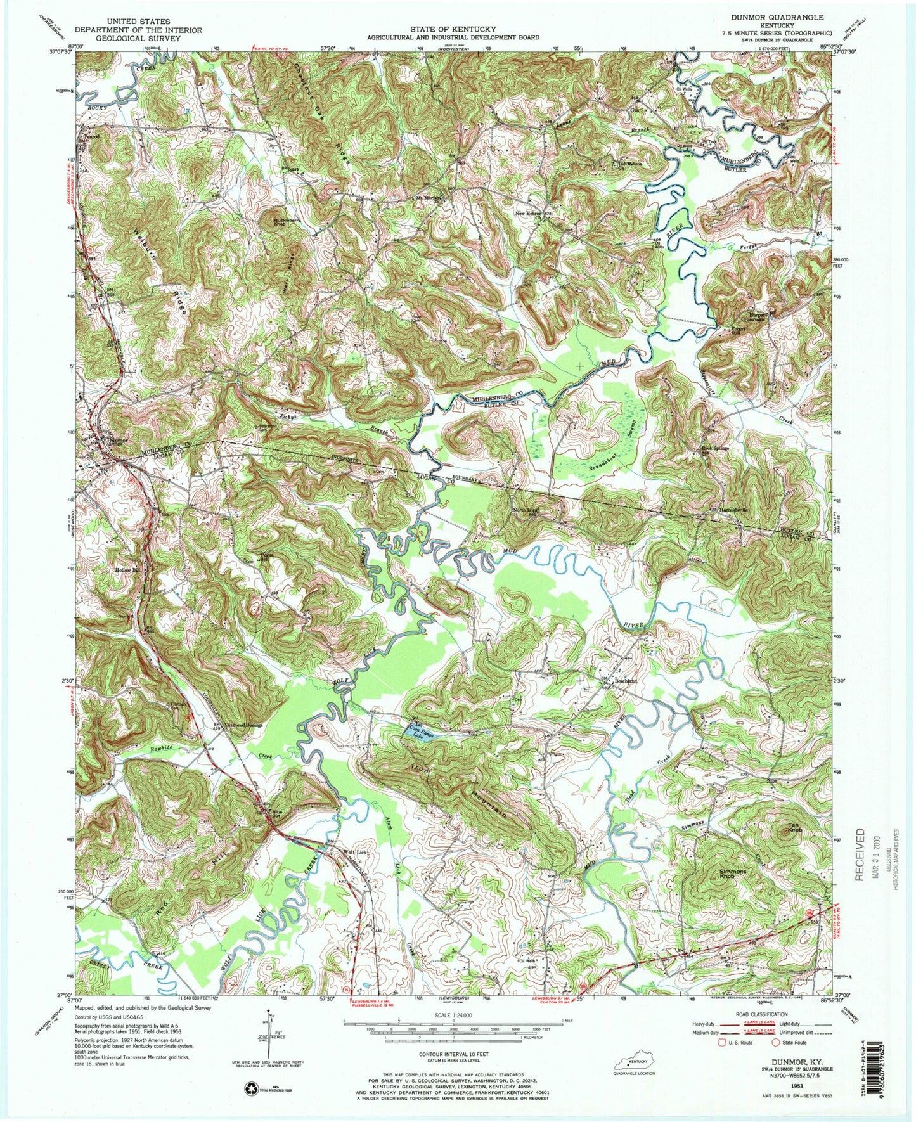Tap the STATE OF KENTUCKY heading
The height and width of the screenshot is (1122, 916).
coord(453,29)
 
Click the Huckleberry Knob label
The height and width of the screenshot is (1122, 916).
coord(277,224)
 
